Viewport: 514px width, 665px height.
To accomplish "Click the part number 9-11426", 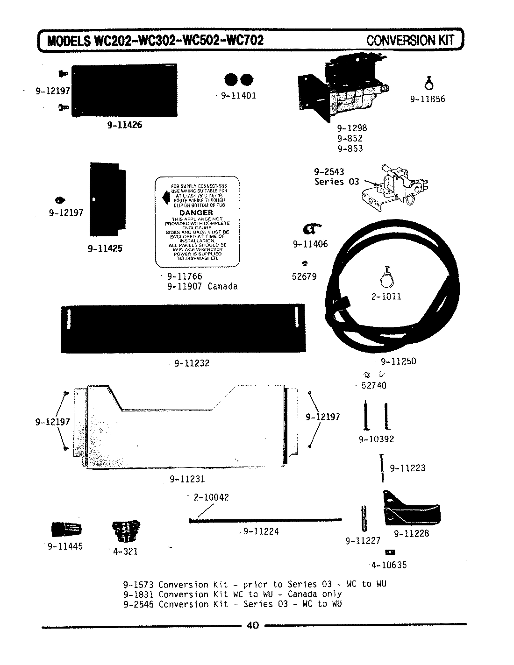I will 124,125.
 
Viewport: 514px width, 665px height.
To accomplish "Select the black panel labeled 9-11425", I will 107,200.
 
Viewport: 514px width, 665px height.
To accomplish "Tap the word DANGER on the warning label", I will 196,212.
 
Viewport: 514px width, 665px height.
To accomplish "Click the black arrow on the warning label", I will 164,198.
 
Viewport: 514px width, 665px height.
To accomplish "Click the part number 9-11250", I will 398,361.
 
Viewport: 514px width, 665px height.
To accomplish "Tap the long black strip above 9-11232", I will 182,328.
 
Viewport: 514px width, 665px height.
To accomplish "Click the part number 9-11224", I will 261,531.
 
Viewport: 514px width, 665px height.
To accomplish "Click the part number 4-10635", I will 389,565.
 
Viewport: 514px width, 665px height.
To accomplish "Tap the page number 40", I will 252,626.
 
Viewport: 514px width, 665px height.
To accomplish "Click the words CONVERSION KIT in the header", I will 410,40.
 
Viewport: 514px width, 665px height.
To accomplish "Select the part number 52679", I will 304,276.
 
